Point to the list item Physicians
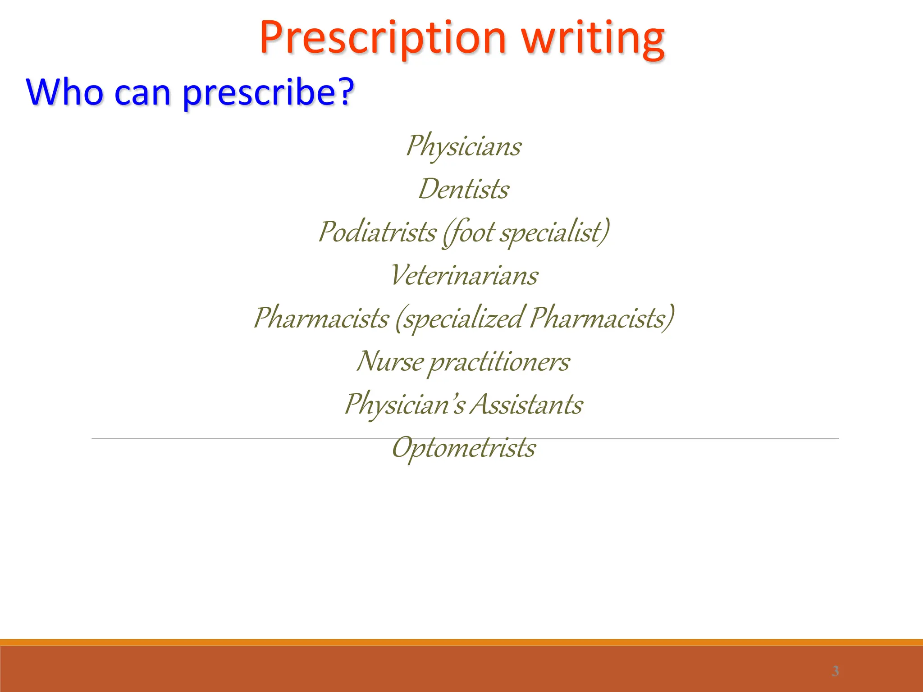tap(463, 146)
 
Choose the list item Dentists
tap(463, 189)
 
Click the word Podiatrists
tap(377, 232)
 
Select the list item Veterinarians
tap(464, 275)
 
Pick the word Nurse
tap(390, 361)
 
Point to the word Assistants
tap(526, 404)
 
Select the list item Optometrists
tap(464, 448)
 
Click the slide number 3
tap(835, 671)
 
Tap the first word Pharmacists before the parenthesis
tap(321, 318)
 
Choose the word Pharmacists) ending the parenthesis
tap(602, 318)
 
